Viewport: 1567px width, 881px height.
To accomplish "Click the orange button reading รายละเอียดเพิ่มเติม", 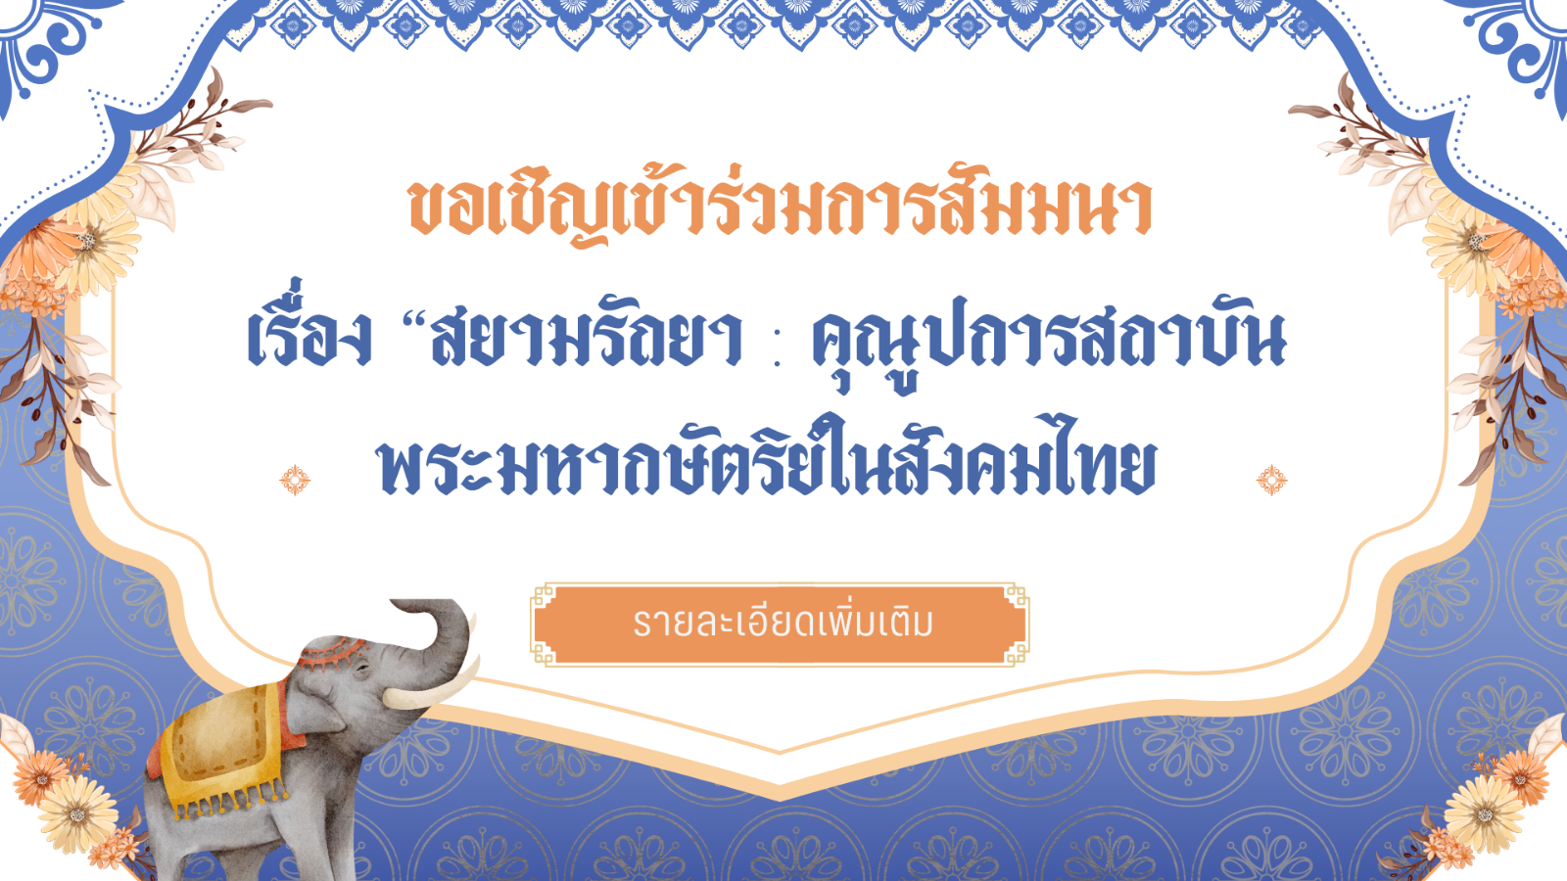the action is pos(780,624).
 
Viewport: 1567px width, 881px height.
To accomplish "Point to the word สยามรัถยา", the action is pos(586,340).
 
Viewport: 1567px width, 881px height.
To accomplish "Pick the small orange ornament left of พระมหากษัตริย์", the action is pos(295,480).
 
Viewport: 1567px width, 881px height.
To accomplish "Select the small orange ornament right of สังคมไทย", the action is pos(1271,480).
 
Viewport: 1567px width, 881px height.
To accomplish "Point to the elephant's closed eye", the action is pos(361,670).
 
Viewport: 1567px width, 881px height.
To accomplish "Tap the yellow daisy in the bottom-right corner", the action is pos(1484,815).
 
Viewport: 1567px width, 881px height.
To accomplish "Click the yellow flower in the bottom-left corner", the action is pos(77,813).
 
